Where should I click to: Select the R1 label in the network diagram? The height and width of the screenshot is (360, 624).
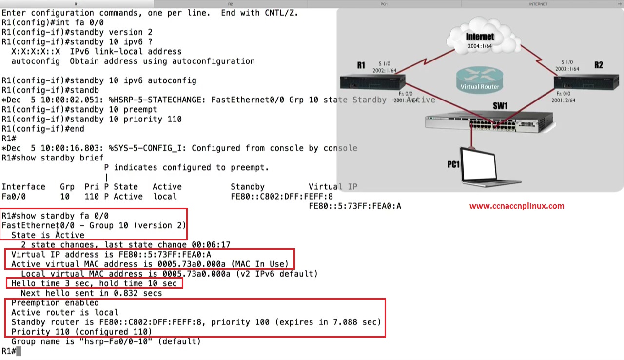(x=361, y=65)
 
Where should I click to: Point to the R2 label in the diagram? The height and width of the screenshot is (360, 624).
(x=598, y=65)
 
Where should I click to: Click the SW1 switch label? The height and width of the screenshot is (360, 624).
(x=500, y=106)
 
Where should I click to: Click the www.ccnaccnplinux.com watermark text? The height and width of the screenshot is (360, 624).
(x=517, y=206)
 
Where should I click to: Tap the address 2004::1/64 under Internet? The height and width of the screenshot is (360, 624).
(x=480, y=46)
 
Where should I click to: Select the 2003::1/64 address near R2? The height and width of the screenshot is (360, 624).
(x=567, y=69)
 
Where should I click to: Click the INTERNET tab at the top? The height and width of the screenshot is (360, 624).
(x=538, y=4)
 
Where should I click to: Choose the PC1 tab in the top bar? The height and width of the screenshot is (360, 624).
(x=384, y=4)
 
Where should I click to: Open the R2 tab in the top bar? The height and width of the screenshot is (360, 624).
(x=231, y=4)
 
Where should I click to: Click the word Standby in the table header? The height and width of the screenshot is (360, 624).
(x=247, y=187)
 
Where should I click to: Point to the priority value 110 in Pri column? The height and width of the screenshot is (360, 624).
(x=91, y=197)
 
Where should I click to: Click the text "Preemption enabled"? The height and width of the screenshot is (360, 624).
(x=55, y=303)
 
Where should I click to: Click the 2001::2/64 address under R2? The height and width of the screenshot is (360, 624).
(x=563, y=100)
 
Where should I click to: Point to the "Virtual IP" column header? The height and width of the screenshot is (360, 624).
(x=332, y=187)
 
